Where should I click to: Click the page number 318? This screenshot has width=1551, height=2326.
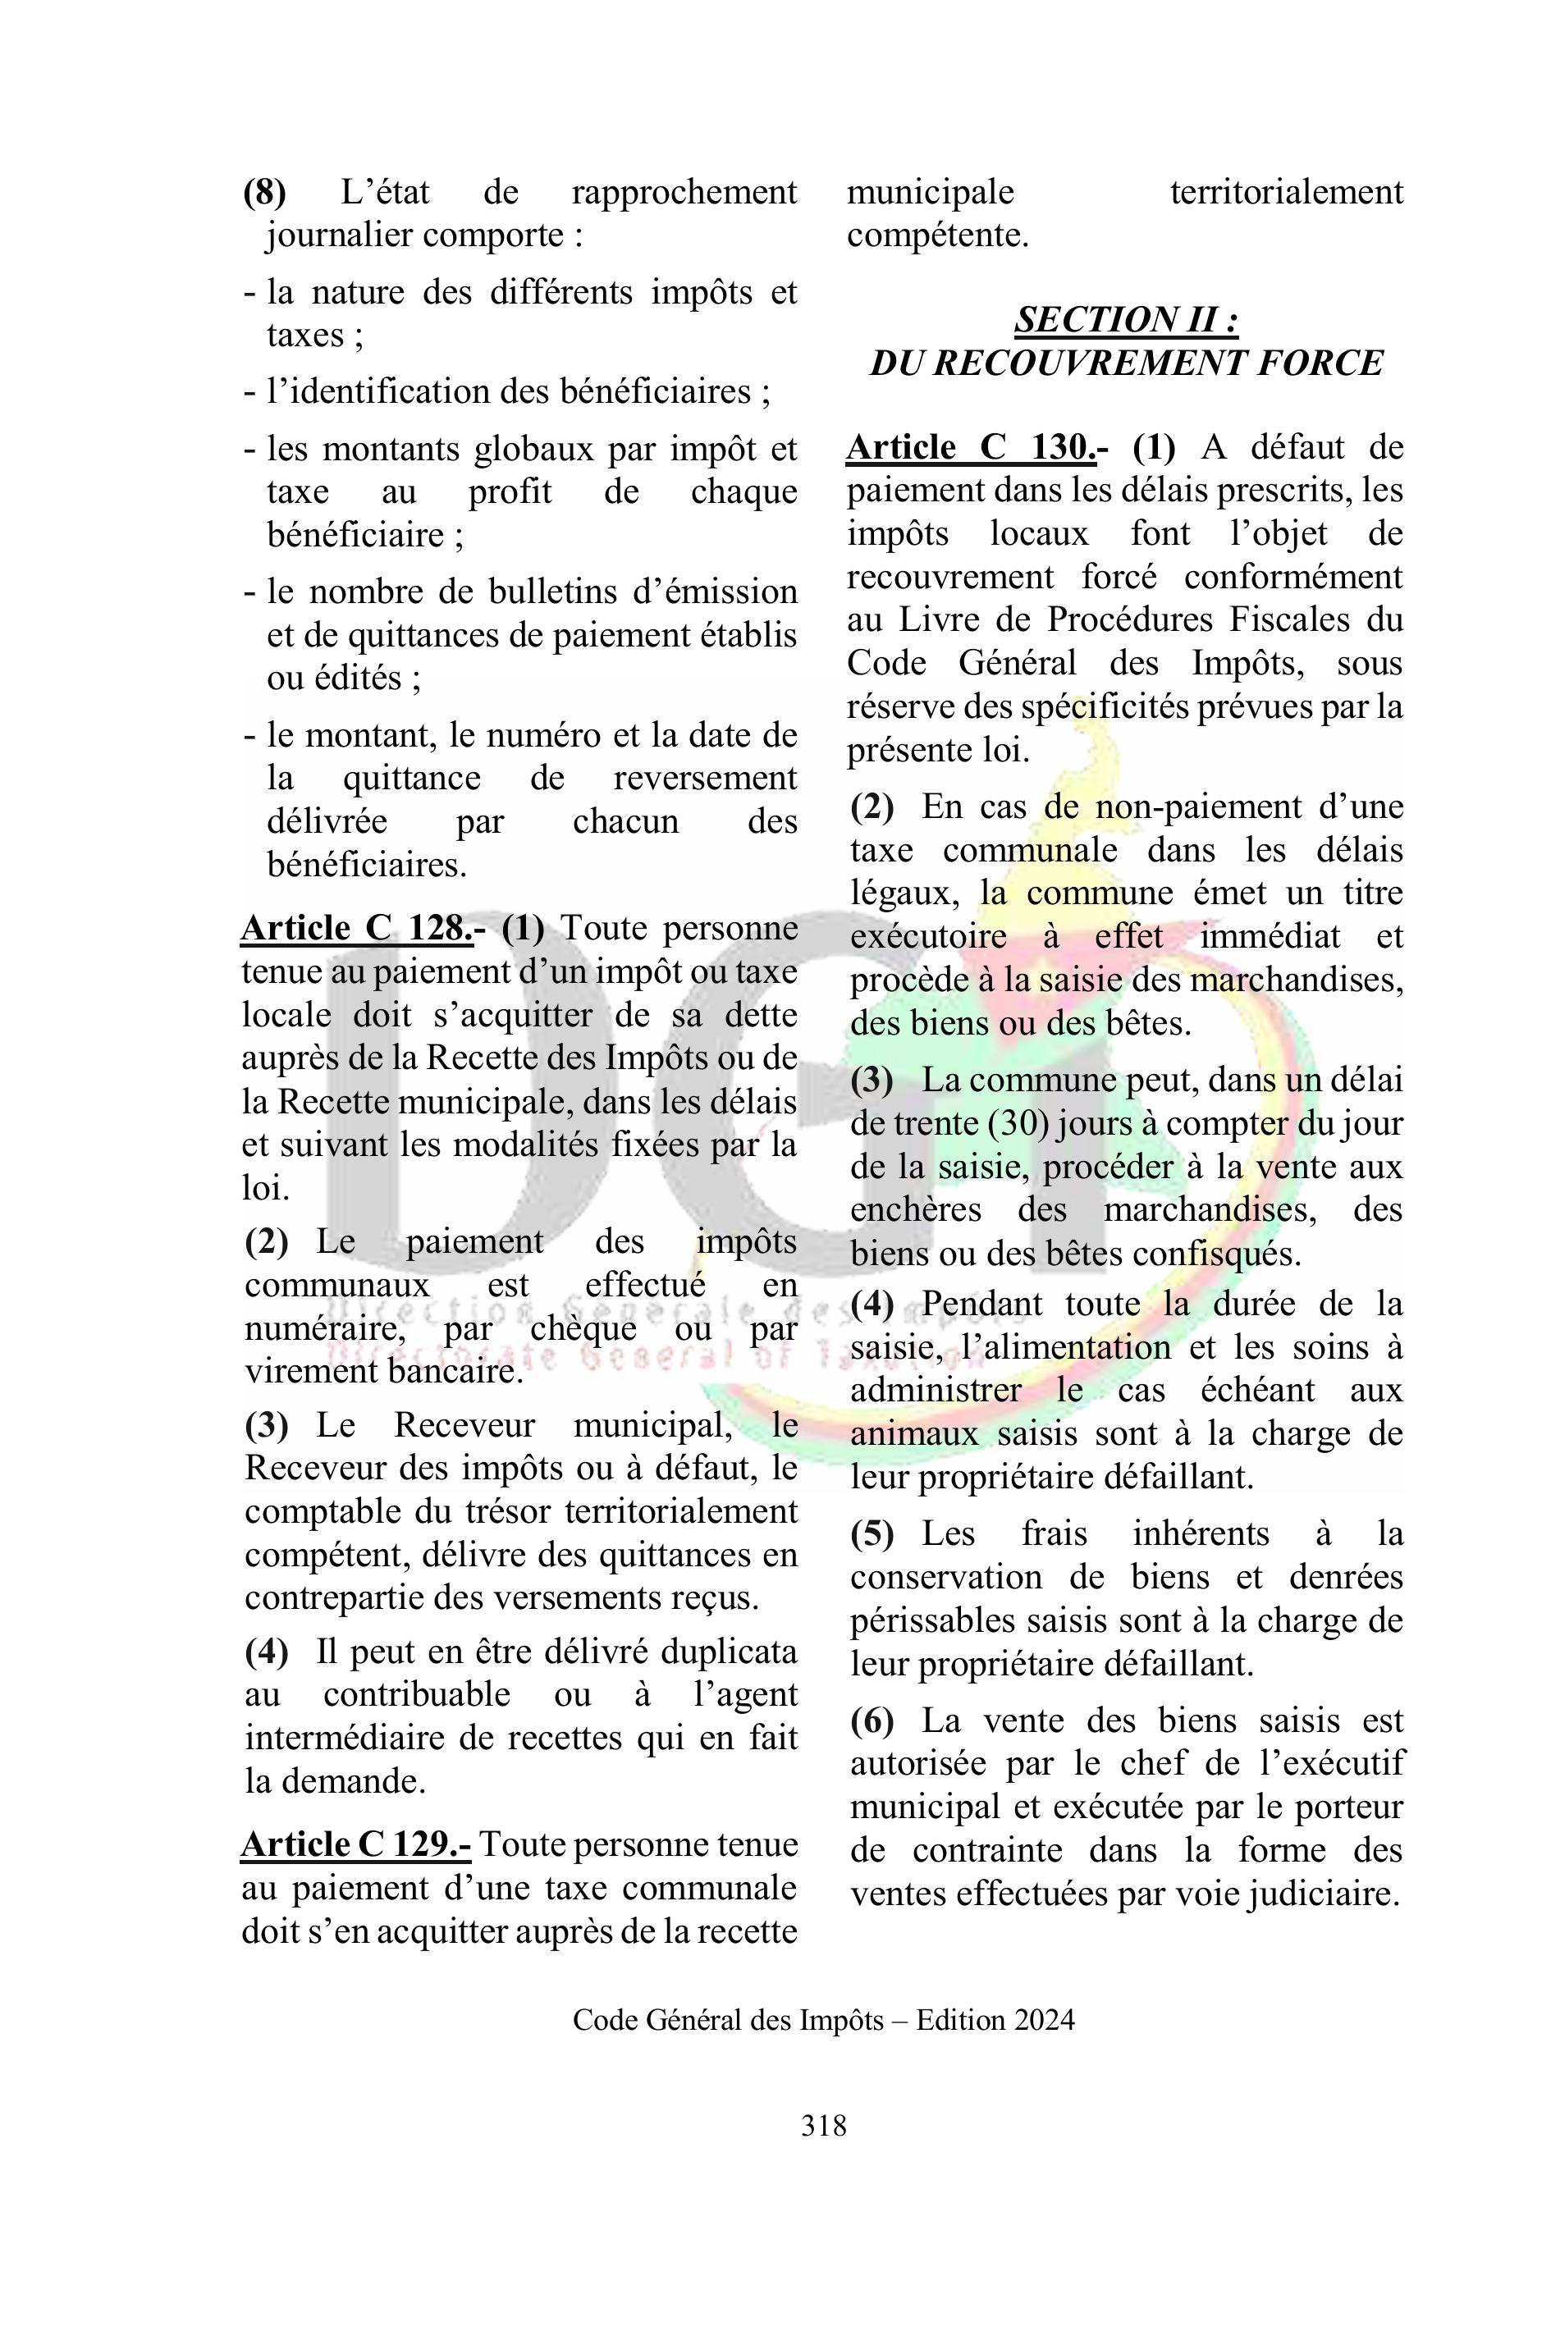[x=823, y=2124]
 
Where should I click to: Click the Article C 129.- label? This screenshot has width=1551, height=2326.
[x=356, y=1844]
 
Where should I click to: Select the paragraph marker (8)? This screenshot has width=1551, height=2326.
[x=264, y=192]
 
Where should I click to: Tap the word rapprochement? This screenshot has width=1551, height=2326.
[x=684, y=192]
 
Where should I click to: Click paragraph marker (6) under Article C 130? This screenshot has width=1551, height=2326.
[x=872, y=1721]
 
